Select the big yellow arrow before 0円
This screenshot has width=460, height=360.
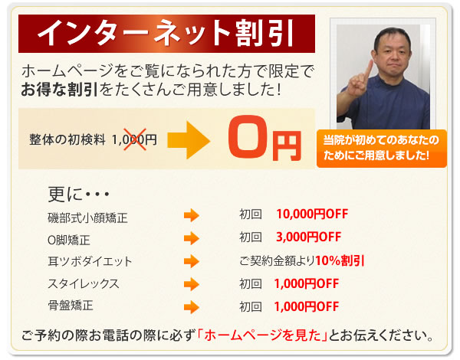point(187,140)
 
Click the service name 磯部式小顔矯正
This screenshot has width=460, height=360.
point(87,218)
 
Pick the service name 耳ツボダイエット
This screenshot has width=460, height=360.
point(90,262)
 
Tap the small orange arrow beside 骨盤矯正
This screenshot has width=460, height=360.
point(192,307)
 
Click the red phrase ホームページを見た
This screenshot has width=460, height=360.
point(262,335)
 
